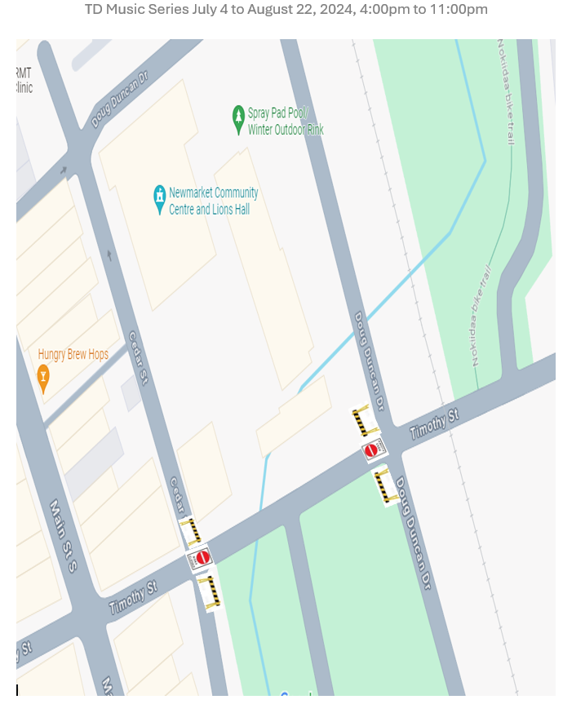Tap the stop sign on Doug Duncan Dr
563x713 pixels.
371,449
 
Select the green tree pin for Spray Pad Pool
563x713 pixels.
238,119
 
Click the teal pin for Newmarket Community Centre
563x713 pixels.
160,198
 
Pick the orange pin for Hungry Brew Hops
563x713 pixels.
43,376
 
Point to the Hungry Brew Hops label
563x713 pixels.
73,355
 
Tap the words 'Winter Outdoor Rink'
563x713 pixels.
286,129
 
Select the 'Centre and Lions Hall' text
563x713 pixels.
209,210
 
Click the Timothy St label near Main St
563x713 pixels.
133,598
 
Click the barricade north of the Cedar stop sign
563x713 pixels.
193,530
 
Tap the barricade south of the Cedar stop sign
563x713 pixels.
211,590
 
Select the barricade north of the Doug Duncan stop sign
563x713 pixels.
361,420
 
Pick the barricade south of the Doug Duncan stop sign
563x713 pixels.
383,487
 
